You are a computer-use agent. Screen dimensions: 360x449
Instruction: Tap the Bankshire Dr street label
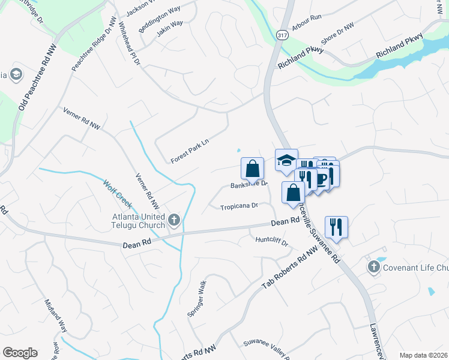(x=249, y=185)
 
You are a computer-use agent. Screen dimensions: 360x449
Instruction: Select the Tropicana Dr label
(x=238, y=206)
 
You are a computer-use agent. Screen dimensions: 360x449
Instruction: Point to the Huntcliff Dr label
(x=272, y=244)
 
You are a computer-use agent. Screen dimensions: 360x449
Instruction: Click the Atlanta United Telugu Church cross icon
(x=174, y=220)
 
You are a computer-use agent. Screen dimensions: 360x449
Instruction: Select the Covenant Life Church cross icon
(x=373, y=266)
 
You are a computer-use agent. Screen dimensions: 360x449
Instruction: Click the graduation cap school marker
(x=286, y=160)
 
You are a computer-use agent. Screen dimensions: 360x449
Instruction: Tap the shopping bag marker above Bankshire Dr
(x=252, y=168)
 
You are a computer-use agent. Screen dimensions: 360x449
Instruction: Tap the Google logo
(x=20, y=353)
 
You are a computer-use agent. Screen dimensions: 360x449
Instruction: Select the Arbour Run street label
(x=307, y=24)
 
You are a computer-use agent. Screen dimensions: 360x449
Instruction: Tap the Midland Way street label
(x=56, y=314)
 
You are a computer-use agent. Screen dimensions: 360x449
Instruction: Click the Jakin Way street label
(x=169, y=29)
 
